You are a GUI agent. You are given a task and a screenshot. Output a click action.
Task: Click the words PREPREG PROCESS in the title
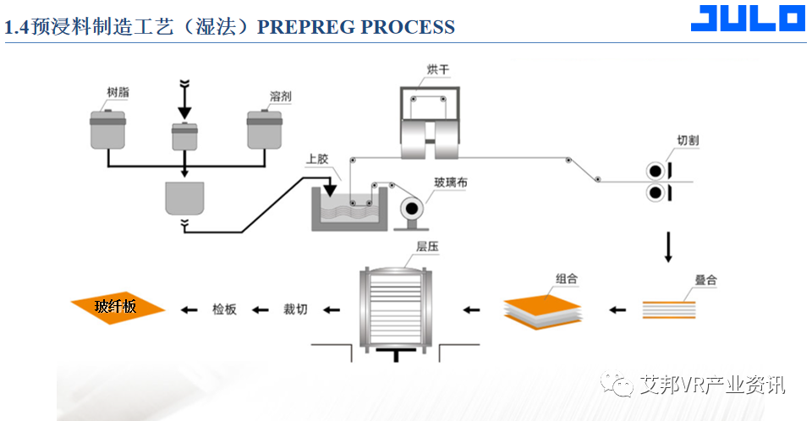tap(355, 27)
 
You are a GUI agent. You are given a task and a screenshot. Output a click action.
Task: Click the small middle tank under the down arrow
tap(184, 136)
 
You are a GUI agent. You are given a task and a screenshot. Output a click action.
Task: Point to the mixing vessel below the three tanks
tap(184, 198)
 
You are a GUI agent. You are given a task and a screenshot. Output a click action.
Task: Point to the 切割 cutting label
tap(688, 139)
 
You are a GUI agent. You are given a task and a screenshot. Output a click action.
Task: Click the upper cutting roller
tap(655, 169)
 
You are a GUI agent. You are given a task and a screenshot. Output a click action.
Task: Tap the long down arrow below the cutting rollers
tap(668, 246)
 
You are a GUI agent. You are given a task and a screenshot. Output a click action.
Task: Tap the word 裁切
tap(295, 309)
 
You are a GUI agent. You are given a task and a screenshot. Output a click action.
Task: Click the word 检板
tap(224, 309)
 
